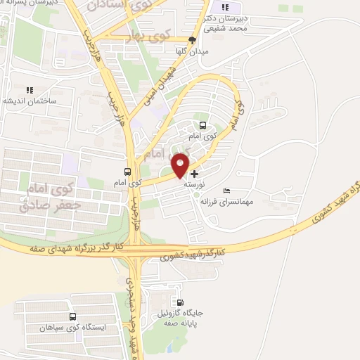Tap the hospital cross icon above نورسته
tap(195, 173)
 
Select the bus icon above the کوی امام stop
tap(127, 171)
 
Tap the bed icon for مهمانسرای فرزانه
tap(226, 191)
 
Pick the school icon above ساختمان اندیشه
tap(30, 90)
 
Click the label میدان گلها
tap(192, 51)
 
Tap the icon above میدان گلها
tap(192, 40)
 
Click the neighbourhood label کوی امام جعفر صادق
tap(43, 196)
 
